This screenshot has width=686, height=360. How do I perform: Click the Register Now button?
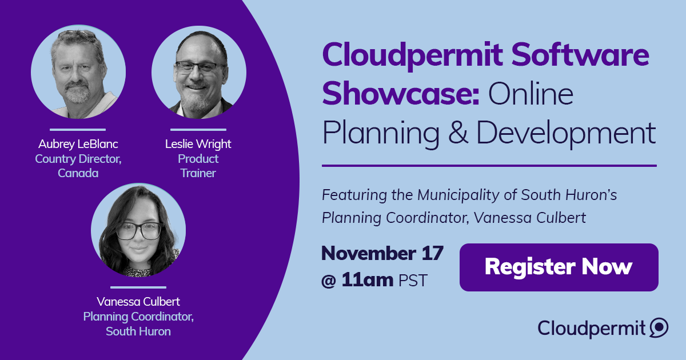tap(559, 267)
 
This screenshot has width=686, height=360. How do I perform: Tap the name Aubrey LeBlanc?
tap(78, 144)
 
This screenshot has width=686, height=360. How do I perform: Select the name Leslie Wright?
tap(198, 144)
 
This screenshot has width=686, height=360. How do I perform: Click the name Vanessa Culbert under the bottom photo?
tap(138, 302)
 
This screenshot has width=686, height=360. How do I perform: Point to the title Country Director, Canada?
tap(78, 166)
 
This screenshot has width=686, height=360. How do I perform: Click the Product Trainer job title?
tap(198, 166)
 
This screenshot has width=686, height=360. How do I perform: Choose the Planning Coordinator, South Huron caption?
tap(138, 324)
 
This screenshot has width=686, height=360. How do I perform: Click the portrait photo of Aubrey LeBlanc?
tap(78, 72)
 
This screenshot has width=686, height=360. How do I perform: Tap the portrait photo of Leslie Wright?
tap(199, 72)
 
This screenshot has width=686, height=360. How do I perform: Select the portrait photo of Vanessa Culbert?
tap(138, 230)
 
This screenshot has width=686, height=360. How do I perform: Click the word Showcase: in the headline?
tap(401, 93)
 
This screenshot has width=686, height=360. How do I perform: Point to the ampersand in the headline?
tap(458, 133)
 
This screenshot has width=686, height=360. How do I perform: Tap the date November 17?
tap(382, 254)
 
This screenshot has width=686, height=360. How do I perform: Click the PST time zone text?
tap(413, 281)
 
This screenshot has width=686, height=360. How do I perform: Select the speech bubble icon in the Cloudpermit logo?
tap(659, 327)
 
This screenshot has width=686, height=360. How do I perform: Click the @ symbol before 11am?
tap(329, 281)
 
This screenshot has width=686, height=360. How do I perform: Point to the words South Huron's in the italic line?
tap(569, 195)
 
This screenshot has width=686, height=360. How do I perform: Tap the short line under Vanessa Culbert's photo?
tap(138, 287)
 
